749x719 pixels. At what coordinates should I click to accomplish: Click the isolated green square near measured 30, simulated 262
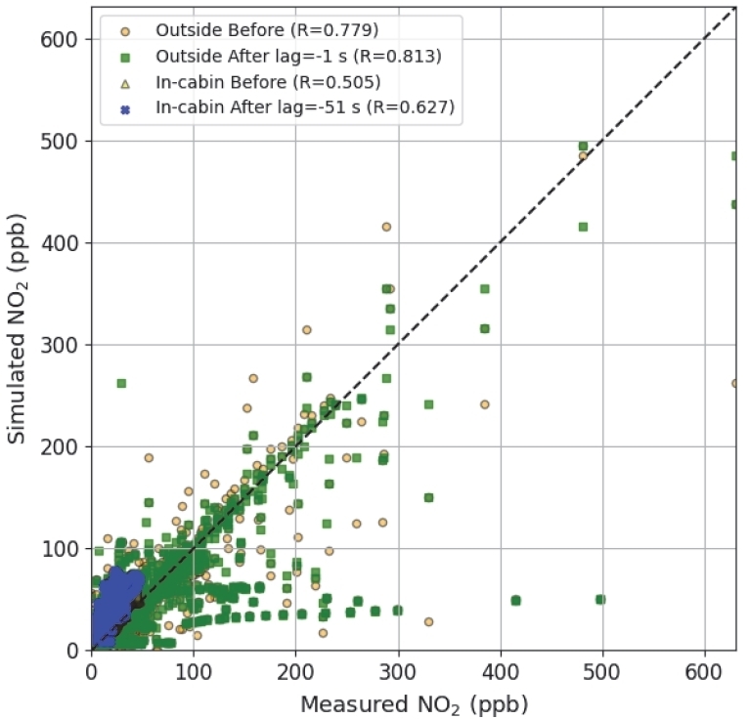121,383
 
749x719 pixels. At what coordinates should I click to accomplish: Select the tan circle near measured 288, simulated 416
386,227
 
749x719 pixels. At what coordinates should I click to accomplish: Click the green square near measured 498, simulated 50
600,599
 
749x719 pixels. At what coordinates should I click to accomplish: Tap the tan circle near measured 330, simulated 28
428,621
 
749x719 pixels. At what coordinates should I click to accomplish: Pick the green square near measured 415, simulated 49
515,600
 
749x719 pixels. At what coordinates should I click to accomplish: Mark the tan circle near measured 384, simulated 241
484,404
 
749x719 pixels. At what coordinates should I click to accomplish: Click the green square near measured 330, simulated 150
428,497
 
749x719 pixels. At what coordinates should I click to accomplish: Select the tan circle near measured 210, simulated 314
306,330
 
